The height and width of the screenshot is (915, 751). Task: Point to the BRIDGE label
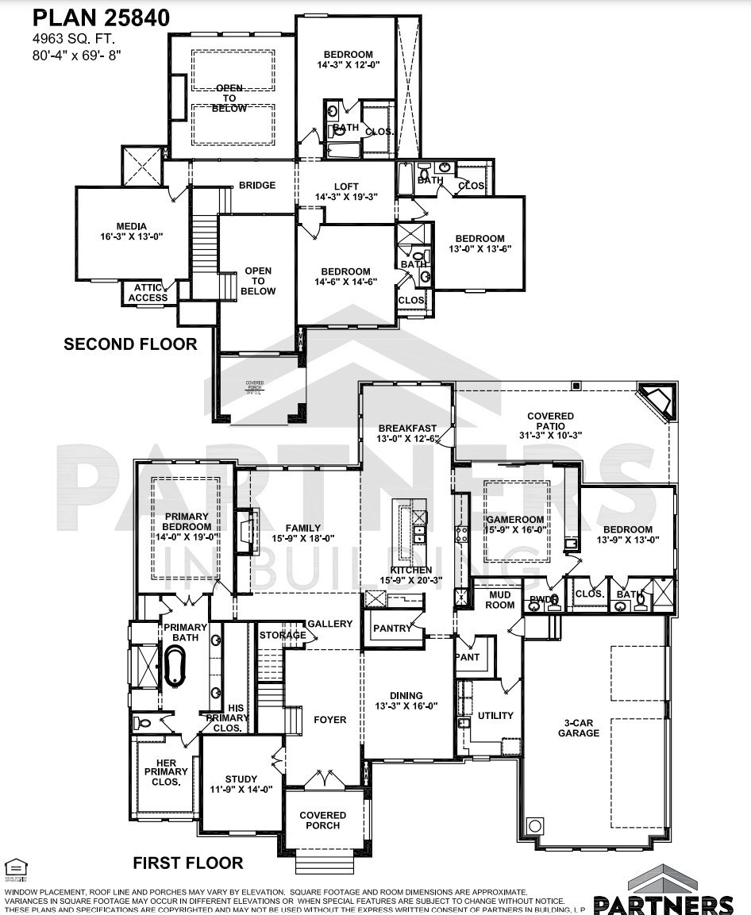click(x=257, y=186)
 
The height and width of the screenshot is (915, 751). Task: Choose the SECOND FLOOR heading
click(x=130, y=344)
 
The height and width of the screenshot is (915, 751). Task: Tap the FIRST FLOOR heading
click(x=187, y=863)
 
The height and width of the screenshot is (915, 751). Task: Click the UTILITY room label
click(x=495, y=716)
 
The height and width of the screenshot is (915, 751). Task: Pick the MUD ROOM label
click(x=501, y=599)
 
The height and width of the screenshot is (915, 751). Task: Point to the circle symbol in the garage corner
click(x=535, y=825)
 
